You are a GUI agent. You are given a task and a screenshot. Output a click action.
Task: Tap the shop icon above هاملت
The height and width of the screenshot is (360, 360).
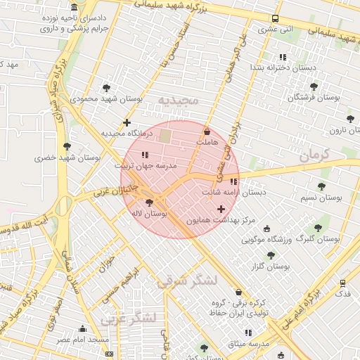(x=207, y=131)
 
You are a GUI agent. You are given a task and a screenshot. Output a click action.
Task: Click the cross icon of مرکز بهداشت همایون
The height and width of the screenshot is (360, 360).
(x=221, y=209)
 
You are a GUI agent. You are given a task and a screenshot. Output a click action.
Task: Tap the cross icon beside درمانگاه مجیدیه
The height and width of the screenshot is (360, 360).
(x=127, y=122)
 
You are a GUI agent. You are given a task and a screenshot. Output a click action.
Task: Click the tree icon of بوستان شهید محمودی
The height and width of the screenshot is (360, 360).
(x=106, y=88)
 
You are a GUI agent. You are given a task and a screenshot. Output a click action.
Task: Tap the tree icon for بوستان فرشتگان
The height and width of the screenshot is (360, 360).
(x=314, y=87)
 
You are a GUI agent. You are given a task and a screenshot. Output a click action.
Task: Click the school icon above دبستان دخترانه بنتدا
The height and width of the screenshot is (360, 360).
(x=283, y=56)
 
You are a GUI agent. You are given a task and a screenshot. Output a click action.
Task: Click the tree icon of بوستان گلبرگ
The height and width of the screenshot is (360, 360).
(x=318, y=228)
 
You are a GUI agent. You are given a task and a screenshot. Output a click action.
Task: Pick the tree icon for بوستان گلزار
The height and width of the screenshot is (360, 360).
(x=271, y=255)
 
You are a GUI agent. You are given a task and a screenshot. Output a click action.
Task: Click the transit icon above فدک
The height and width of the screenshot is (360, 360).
(x=342, y=283)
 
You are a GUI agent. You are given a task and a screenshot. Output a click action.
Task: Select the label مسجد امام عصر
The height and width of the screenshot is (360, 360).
(x=84, y=340)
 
